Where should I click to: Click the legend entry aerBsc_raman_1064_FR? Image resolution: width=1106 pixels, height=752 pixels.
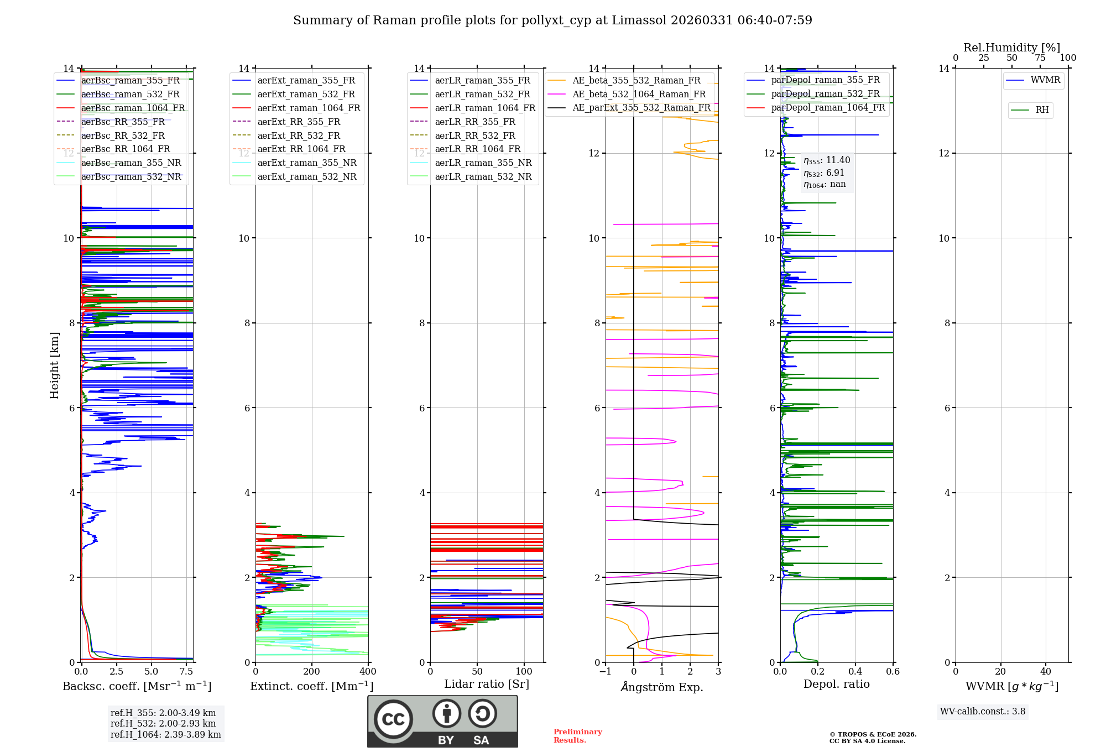[133, 108]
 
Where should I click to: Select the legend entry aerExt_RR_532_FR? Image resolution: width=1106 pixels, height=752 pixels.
[299, 135]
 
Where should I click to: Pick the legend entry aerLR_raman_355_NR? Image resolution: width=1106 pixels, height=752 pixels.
[483, 163]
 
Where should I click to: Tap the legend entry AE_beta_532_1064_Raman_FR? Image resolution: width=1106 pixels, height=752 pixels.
[639, 94]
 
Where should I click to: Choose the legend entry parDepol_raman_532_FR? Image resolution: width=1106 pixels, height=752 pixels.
[825, 94]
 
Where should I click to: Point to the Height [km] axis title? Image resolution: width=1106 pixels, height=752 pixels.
[54, 365]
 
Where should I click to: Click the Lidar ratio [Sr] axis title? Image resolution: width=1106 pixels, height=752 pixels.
[487, 684]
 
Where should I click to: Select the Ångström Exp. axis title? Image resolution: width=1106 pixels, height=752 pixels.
[662, 687]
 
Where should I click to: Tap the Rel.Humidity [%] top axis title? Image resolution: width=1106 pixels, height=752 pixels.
[1011, 48]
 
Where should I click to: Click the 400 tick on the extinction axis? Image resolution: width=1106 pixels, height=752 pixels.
[368, 671]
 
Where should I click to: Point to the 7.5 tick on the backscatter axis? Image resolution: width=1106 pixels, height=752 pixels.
[186, 671]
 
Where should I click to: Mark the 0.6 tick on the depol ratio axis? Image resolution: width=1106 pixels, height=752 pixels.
[893, 671]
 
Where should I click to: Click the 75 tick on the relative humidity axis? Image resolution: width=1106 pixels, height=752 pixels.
[1040, 58]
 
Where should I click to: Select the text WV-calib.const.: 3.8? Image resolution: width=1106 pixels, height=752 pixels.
[983, 712]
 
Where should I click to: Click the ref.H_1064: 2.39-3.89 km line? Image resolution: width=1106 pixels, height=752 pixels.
[165, 734]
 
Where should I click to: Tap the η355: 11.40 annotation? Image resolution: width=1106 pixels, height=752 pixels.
[827, 160]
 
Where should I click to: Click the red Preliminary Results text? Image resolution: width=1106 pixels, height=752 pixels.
[577, 735]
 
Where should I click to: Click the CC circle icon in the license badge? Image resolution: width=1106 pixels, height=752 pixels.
[393, 719]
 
